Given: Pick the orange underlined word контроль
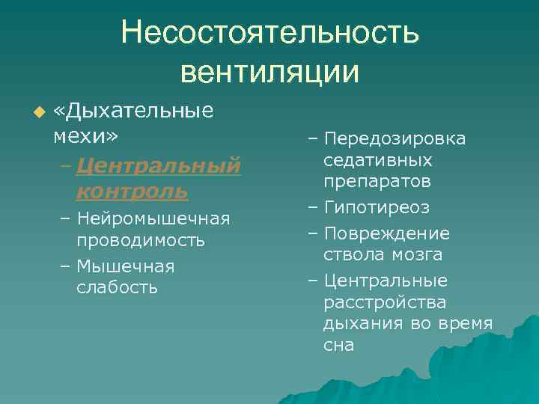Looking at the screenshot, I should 131,191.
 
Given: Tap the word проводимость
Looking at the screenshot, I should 140,241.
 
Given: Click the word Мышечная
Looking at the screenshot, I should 125,266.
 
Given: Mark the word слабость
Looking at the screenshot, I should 117,287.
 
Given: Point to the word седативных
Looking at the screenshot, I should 377,160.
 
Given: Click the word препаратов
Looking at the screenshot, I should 377,181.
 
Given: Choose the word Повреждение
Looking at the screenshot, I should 386,233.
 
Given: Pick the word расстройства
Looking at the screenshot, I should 385,302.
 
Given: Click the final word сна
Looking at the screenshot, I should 338,345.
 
